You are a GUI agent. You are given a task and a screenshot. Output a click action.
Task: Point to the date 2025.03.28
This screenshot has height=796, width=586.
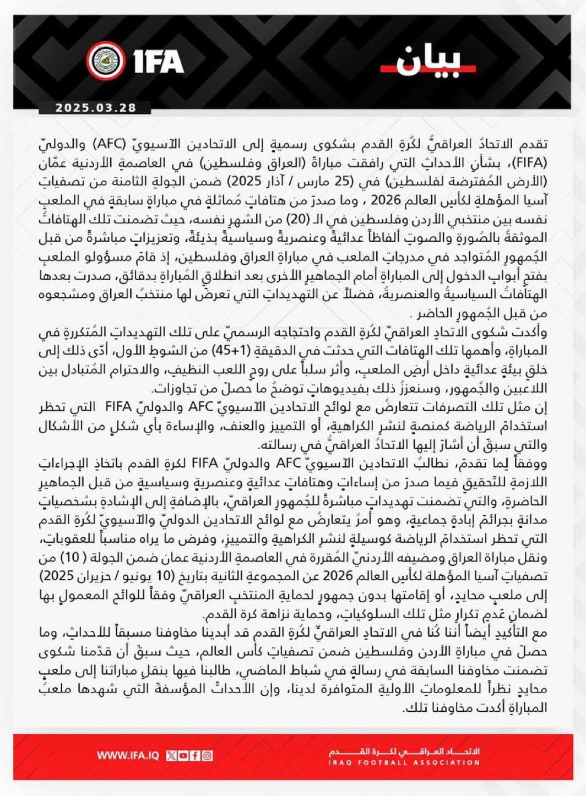click(95, 108)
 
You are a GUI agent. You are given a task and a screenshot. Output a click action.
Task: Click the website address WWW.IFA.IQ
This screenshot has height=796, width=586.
click(128, 756)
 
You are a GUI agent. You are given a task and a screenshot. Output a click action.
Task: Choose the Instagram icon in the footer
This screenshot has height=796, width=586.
click(208, 756)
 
